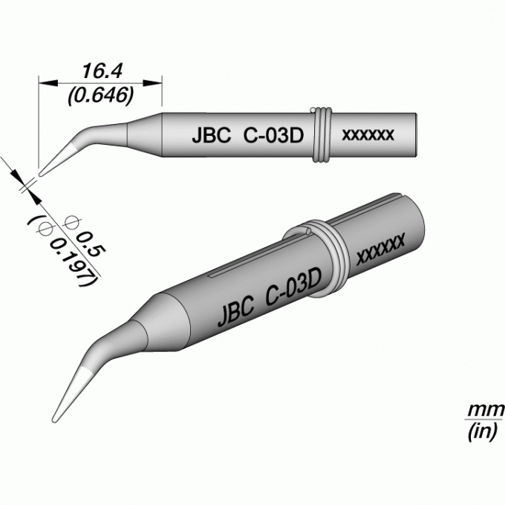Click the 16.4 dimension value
point(102,71)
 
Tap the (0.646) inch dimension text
point(100,95)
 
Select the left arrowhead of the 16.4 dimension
point(48,82)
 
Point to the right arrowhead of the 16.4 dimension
point(152,82)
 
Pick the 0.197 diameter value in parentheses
point(74,262)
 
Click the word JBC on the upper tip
point(211,135)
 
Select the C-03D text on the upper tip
point(273,135)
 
